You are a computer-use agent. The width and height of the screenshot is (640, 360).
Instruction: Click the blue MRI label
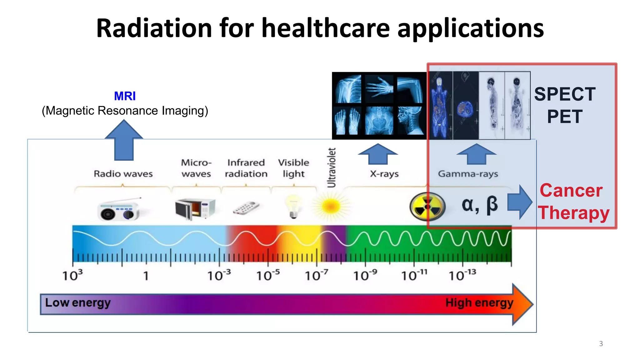click(x=125, y=96)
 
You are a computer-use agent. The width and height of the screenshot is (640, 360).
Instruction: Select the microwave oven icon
click(x=195, y=209)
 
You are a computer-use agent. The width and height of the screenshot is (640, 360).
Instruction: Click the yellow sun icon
click(x=330, y=206)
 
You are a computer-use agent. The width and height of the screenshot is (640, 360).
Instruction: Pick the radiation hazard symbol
click(x=427, y=207)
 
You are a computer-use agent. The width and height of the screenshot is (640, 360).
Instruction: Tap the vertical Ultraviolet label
click(x=331, y=167)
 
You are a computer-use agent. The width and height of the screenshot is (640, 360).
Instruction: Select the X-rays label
click(x=384, y=173)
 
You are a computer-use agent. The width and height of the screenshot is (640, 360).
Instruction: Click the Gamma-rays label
click(x=468, y=173)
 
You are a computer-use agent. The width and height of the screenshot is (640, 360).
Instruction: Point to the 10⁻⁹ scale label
click(x=365, y=275)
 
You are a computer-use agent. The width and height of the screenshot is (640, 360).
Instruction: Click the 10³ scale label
click(x=72, y=275)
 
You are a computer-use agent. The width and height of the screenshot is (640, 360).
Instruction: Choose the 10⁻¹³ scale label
click(x=462, y=275)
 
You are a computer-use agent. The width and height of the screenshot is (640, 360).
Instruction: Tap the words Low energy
click(x=78, y=302)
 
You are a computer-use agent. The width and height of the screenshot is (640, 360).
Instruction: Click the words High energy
click(x=479, y=302)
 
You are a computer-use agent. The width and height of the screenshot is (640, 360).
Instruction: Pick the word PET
click(x=565, y=117)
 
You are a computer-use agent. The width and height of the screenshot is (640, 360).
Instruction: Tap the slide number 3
click(x=601, y=343)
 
